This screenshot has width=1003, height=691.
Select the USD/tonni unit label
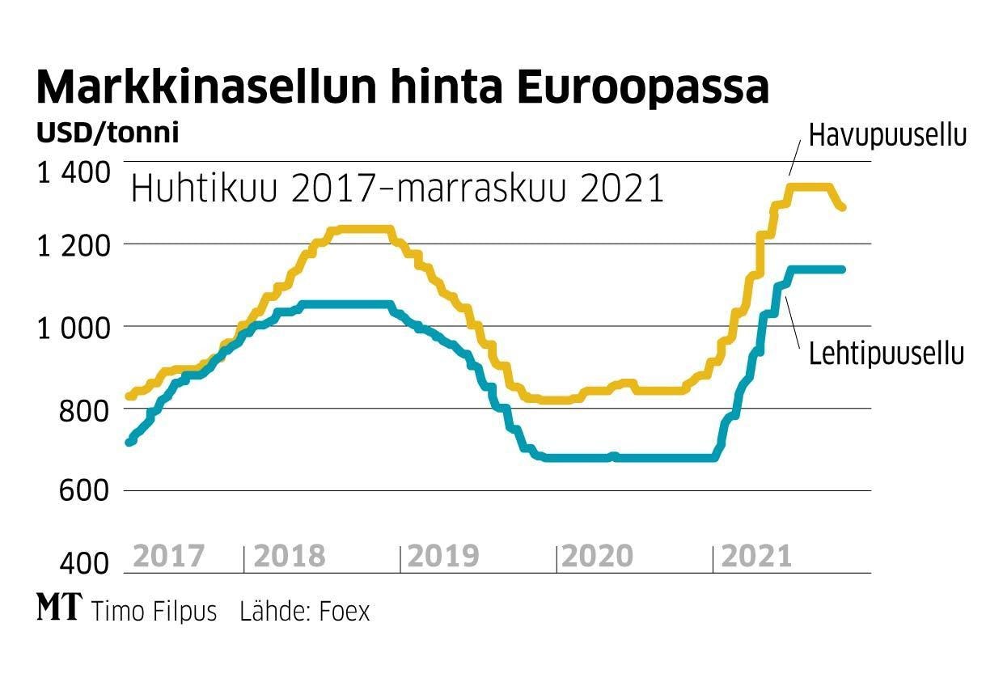click(x=108, y=133)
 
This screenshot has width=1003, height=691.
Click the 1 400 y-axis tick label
click(x=73, y=172)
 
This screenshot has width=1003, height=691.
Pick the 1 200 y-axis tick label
click(x=73, y=244)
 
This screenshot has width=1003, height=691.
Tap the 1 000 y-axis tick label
click(x=73, y=327)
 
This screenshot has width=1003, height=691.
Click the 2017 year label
click(x=168, y=557)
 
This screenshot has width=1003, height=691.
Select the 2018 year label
click(x=289, y=557)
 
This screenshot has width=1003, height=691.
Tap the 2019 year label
click(x=443, y=557)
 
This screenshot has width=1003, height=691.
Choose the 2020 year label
click(x=597, y=557)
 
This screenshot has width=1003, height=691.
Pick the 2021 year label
click(x=755, y=557)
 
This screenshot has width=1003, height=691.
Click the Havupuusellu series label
click(x=887, y=135)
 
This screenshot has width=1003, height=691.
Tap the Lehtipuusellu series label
click(x=887, y=354)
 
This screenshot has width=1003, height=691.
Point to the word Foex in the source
click(x=344, y=612)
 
